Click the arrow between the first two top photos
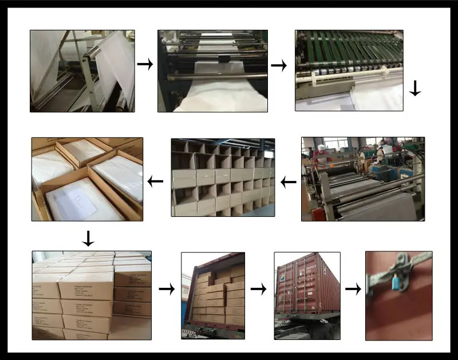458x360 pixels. (x=146, y=65)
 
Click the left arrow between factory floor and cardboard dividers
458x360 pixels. (x=288, y=183)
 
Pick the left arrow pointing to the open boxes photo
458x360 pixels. (x=155, y=183)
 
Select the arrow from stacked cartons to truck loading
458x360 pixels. (x=166, y=290)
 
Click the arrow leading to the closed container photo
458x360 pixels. (x=259, y=290)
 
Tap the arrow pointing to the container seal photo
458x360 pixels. (x=353, y=290)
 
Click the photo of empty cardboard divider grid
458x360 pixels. (x=223, y=177)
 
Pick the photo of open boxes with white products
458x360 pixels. (x=87, y=179)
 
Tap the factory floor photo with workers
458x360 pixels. (x=363, y=179)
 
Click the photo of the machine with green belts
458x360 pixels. (x=349, y=70)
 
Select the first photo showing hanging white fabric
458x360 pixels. (x=82, y=70)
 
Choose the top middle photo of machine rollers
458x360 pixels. (x=212, y=70)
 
